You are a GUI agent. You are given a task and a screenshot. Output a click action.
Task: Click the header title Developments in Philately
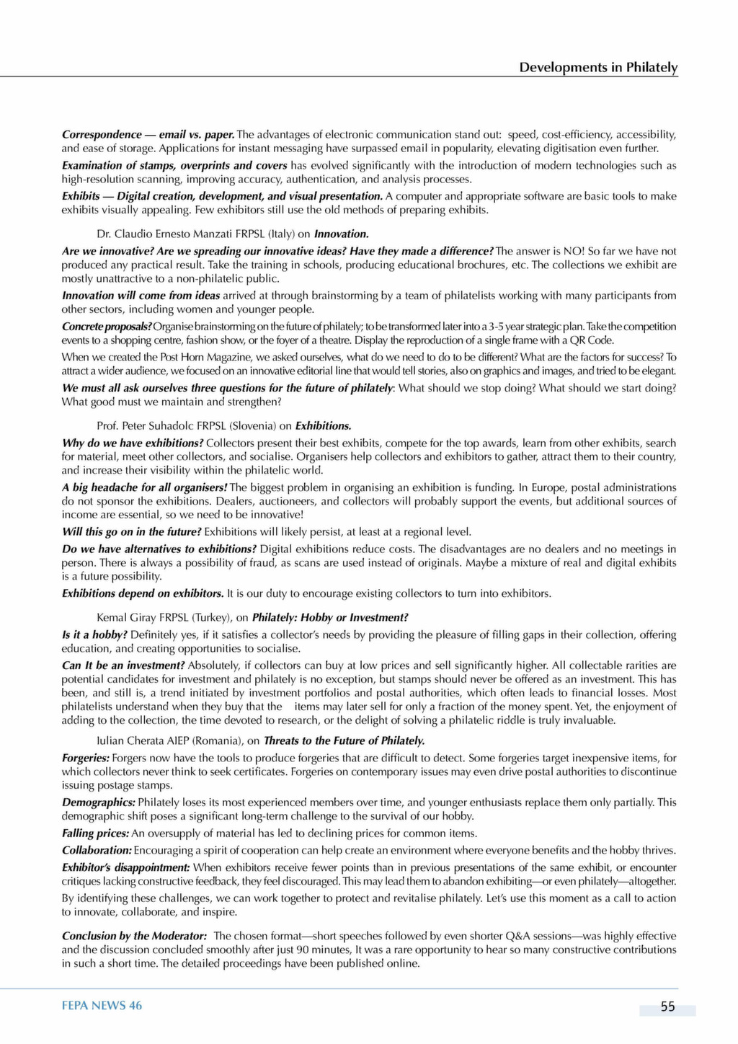(598, 67)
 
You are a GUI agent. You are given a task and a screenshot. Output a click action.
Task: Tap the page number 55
(667, 1007)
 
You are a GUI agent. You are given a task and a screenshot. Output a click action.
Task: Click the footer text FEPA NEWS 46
(102, 1006)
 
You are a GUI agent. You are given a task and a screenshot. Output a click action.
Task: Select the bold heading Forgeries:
(86, 758)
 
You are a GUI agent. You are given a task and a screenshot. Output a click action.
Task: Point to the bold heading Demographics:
(99, 802)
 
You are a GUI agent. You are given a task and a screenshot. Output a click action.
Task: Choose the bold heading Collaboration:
(97, 850)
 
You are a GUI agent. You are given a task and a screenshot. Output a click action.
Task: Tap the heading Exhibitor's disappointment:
(125, 867)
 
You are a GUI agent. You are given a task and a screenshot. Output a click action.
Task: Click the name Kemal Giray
(126, 617)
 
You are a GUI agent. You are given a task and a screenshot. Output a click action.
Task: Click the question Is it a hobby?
(94, 634)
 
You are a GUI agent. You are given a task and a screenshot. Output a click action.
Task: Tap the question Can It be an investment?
(123, 665)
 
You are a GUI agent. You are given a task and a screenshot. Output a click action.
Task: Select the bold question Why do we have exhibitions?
(133, 443)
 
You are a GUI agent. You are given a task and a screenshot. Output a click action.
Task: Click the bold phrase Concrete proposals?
(107, 327)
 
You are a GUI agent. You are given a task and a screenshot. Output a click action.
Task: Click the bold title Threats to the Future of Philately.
(344, 740)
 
